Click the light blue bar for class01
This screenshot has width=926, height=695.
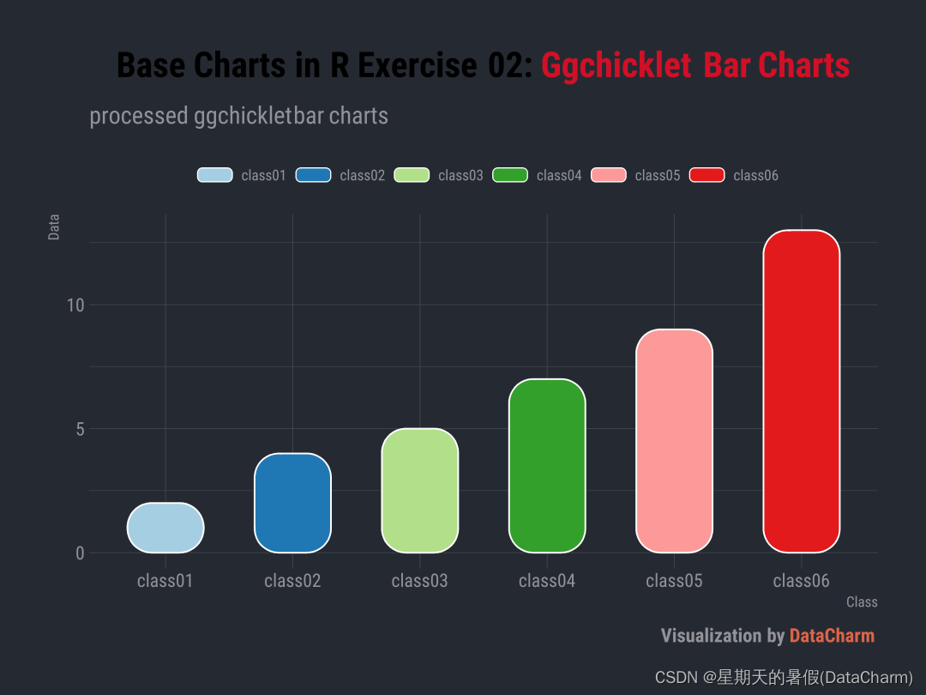[x=165, y=528]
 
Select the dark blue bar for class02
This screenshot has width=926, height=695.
[x=292, y=503]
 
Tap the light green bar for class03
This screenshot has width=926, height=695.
[x=419, y=491]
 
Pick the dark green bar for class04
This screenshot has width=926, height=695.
[x=547, y=466]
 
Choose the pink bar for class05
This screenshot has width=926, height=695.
[x=674, y=441]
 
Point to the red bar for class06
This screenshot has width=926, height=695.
[x=801, y=391]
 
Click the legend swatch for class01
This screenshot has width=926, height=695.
[x=214, y=175]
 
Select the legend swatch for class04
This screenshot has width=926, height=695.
[x=510, y=175]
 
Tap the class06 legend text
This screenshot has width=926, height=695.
[x=755, y=176]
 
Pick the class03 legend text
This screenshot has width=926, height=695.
[x=460, y=176]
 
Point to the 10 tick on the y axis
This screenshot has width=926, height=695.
[x=75, y=305]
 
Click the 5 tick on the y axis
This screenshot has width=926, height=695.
[x=80, y=429]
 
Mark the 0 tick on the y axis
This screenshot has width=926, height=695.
[x=80, y=553]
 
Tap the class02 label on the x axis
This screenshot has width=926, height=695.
[x=292, y=582]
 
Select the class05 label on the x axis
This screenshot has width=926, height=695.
[x=674, y=582]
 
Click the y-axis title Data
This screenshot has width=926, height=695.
[x=54, y=227]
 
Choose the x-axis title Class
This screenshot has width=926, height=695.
[x=862, y=602]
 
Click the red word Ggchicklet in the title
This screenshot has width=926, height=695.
[x=616, y=65]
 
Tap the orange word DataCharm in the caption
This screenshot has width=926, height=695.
[x=832, y=636]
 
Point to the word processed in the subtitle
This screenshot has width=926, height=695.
[x=138, y=116]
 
